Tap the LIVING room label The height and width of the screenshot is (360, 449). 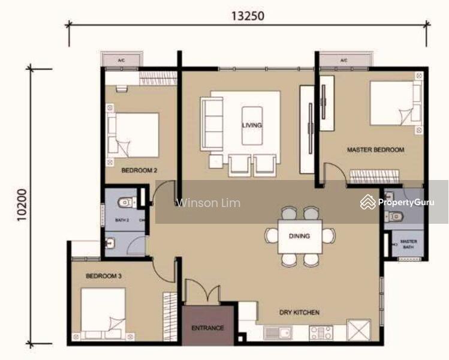252,125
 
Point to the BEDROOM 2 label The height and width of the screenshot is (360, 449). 139,170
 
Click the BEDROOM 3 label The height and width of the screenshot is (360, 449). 104,276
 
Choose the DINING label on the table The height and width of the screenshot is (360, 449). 299,236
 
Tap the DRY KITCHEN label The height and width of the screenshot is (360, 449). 299,313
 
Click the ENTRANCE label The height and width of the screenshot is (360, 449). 207,328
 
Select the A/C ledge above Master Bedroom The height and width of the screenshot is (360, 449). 343,61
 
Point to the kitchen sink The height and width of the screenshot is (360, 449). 277,332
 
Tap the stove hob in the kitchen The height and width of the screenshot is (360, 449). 321,332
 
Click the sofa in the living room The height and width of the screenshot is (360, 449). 211,124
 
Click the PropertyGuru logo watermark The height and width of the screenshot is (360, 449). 397,203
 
